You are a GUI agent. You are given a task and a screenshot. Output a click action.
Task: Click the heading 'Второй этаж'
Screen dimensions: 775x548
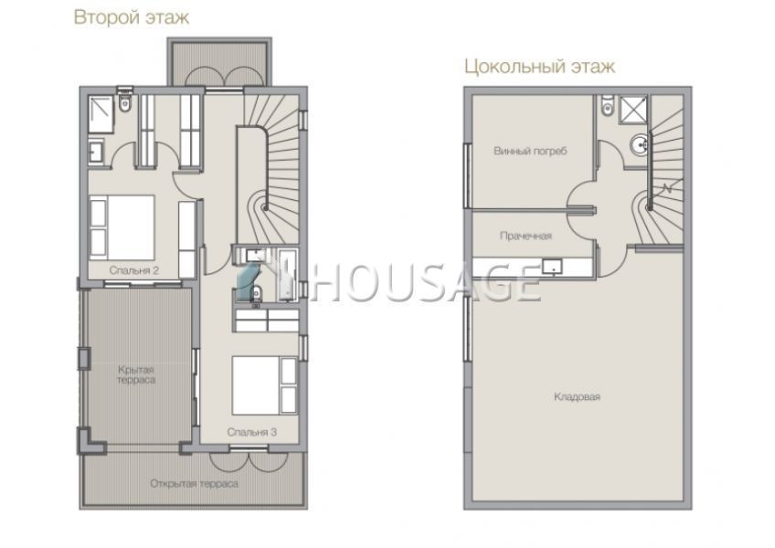pos(132,17)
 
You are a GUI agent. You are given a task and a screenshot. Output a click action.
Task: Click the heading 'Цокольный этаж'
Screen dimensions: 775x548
pos(540,66)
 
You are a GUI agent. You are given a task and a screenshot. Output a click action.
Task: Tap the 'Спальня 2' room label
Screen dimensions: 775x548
pos(134,270)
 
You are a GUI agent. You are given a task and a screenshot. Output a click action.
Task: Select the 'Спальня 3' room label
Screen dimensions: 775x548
pos(251,432)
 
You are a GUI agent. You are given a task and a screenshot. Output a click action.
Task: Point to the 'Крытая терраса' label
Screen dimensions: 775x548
pos(136,374)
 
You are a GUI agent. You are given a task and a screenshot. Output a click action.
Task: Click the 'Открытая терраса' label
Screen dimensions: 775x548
pos(195,483)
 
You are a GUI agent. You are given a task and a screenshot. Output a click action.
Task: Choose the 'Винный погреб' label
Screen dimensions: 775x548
pos(530,151)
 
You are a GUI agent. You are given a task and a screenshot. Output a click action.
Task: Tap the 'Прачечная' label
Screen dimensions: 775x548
pos(526,236)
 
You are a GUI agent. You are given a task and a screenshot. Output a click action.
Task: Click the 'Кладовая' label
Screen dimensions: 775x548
pos(577,396)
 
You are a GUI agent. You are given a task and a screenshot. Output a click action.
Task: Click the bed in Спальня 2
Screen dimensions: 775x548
pos(122,227)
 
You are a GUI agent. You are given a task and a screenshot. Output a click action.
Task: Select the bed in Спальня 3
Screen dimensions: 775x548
pos(264,385)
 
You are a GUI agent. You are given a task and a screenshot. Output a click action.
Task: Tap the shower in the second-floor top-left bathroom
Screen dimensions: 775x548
pos(101,114)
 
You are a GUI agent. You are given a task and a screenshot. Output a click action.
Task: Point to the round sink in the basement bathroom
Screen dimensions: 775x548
pos(640,145)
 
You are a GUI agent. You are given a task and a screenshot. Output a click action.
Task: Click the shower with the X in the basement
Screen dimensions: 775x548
pos(633,109)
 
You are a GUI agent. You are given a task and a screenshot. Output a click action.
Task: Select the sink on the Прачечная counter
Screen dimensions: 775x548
pos(552,267)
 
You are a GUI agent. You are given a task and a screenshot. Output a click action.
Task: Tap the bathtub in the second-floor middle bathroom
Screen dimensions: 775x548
pos(287,275)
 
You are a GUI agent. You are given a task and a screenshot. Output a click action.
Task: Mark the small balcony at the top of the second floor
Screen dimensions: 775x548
pos(219,63)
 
